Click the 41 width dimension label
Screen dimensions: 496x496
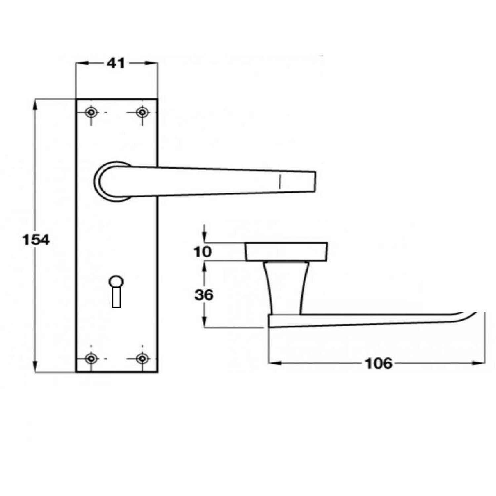pos(116,63)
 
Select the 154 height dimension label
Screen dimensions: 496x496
pos(36,240)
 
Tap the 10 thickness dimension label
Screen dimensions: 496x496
pos(202,252)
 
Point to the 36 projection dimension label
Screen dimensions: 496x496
pos(204,294)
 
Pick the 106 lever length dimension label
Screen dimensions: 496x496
pos(379,363)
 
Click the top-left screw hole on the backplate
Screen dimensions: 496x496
pos(91,112)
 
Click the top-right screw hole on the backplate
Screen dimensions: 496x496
pos(143,112)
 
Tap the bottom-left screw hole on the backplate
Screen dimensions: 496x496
pos(91,358)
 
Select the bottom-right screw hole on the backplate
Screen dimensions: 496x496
pos(143,358)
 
